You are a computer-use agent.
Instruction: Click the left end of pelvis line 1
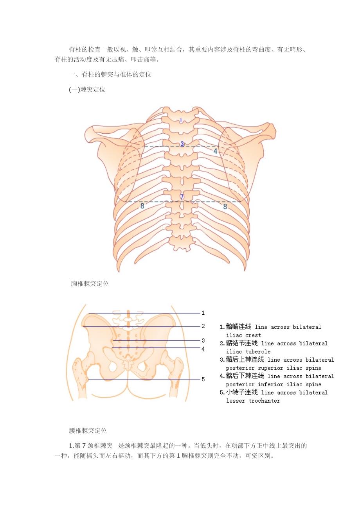pyautogui.click(x=88, y=313)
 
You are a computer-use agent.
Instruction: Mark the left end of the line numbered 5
pyautogui.click(x=88, y=379)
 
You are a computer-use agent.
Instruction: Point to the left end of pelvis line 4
pyautogui.click(x=112, y=348)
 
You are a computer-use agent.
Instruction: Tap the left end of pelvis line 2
pyautogui.click(x=83, y=326)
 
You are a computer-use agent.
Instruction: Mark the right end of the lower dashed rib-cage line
pyautogui.click(x=241, y=202)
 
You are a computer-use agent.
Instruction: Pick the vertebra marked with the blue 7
pyautogui.click(x=182, y=196)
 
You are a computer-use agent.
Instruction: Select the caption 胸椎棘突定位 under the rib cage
pyautogui.click(x=90, y=283)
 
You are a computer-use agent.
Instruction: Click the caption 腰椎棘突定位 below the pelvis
pyautogui.click(x=88, y=430)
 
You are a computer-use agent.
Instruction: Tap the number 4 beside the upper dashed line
pyautogui.click(x=215, y=151)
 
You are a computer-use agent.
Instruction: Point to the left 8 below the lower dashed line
pyautogui.click(x=142, y=206)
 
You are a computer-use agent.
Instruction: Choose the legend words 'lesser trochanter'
pyautogui.click(x=253, y=401)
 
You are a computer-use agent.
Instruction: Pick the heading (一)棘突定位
pyautogui.click(x=87, y=90)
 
